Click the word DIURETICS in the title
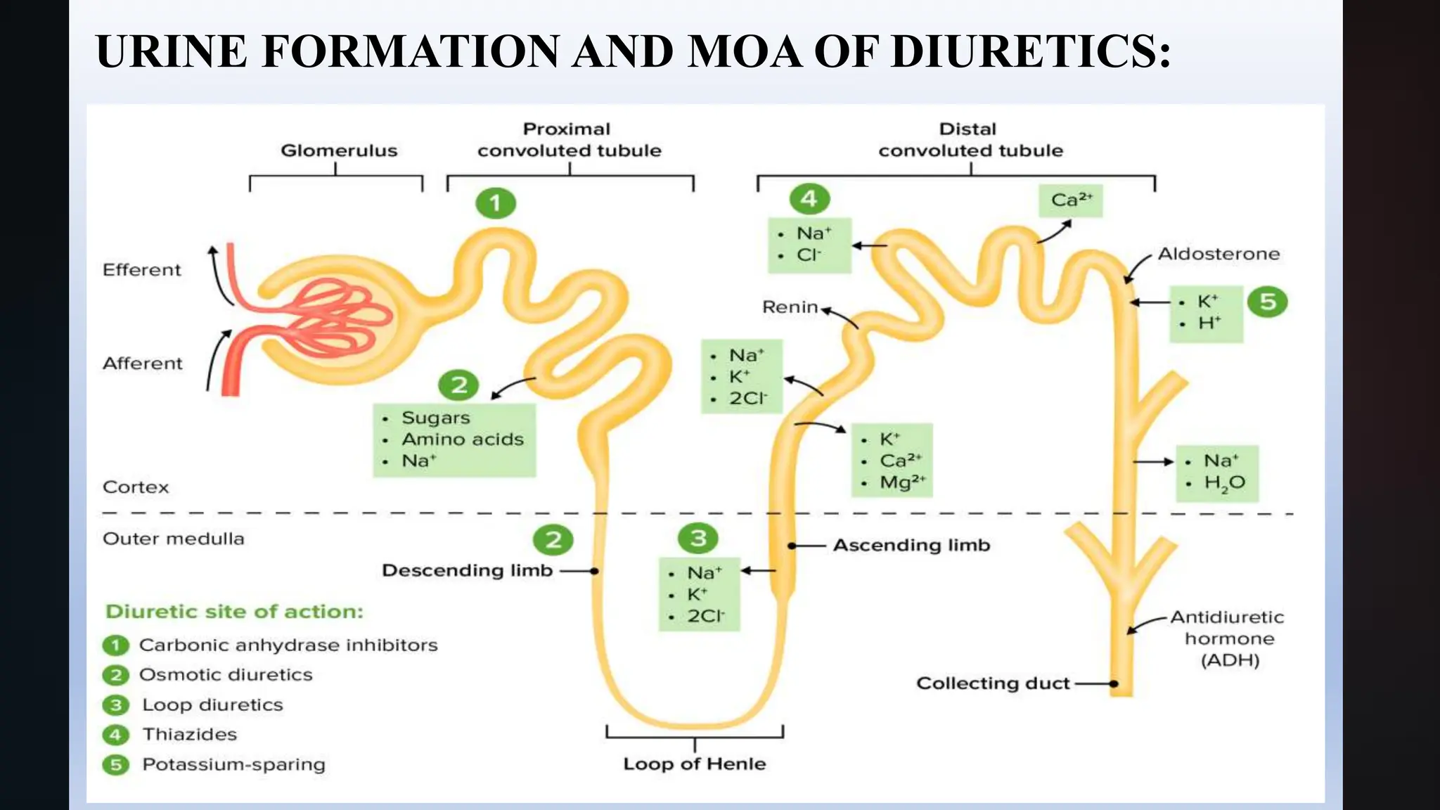(x=1030, y=51)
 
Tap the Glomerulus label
(x=339, y=150)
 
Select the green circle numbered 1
(x=495, y=203)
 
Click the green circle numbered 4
(x=809, y=199)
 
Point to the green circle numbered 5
(x=1267, y=302)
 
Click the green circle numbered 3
(x=697, y=539)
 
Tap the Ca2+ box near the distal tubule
(x=1071, y=200)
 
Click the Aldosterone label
(x=1219, y=254)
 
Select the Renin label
(x=790, y=307)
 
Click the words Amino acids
(x=463, y=439)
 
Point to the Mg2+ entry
(x=902, y=482)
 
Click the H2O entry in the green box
(x=1224, y=483)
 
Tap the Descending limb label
(x=467, y=570)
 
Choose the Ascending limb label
(x=911, y=545)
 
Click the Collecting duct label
(x=993, y=683)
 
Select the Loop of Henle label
(x=694, y=764)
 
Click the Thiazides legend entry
(x=189, y=735)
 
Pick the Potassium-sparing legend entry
(x=233, y=765)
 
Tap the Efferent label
(x=141, y=270)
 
